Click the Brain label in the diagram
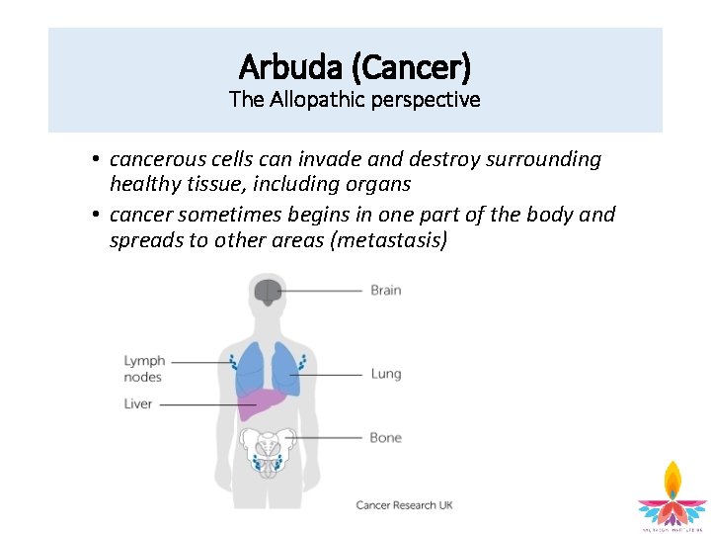[x=386, y=291]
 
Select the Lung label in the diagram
[x=386, y=374]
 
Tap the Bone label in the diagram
[x=386, y=437]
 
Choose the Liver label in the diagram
[x=138, y=403]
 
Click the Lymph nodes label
[x=144, y=369]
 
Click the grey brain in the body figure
[x=267, y=292]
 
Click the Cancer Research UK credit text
[x=404, y=505]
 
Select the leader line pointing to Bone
[x=326, y=437]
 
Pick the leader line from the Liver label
[x=197, y=403]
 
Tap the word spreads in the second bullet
[x=142, y=239]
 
